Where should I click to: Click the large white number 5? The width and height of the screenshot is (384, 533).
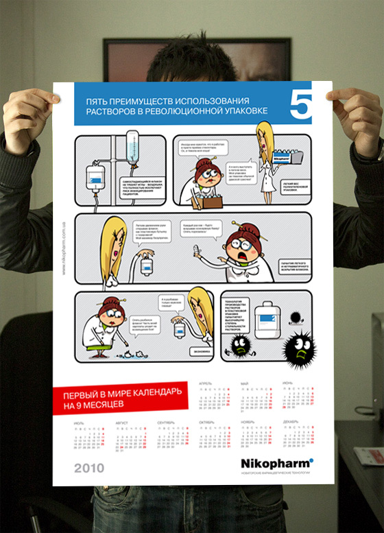click(x=301, y=106)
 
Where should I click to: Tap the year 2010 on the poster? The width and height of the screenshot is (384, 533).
click(x=90, y=468)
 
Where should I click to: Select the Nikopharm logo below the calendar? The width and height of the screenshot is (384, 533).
click(x=277, y=462)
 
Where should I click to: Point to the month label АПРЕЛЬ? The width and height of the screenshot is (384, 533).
click(x=205, y=383)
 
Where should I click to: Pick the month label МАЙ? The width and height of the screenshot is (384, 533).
click(x=244, y=383)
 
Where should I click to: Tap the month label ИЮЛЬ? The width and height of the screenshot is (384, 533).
click(x=80, y=423)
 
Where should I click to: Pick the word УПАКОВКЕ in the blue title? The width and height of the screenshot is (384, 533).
click(x=244, y=110)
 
